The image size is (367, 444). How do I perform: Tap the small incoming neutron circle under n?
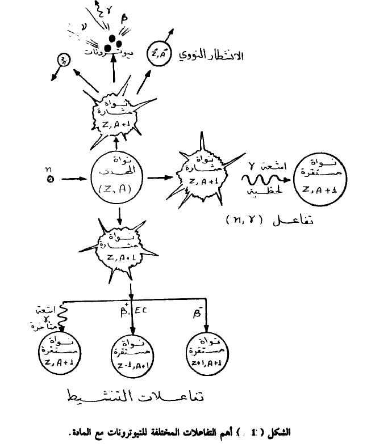click(49, 181)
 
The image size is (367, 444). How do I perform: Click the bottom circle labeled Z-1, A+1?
click(132, 354)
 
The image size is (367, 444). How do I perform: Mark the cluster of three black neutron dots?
click(115, 41)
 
